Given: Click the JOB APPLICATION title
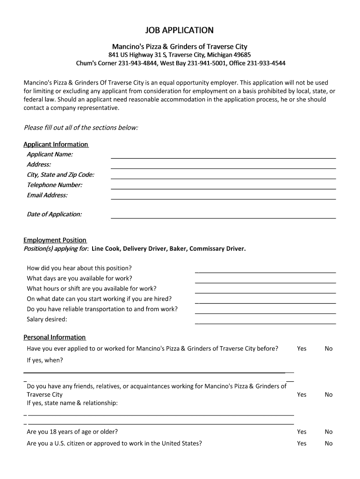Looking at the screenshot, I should (x=180, y=30).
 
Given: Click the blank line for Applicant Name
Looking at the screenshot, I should (x=223, y=156).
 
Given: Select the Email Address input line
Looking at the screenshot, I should (x=223, y=197).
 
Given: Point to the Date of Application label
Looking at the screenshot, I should (x=54, y=214).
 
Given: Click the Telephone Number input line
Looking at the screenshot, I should (x=223, y=187).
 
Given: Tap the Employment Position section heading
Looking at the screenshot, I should (x=55, y=240).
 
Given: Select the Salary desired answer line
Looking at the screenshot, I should (x=265, y=321).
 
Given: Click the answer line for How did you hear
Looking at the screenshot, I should (x=265, y=270).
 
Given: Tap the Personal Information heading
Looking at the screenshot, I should (x=55, y=337).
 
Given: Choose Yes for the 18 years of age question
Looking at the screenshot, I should (x=302, y=432).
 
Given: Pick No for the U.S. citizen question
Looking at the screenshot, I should (x=329, y=443).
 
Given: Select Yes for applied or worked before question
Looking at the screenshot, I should (x=302, y=348).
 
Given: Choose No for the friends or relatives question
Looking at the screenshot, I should (x=329, y=395).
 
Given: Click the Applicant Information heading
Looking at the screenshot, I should (x=56, y=144).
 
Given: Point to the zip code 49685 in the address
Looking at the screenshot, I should (x=243, y=55).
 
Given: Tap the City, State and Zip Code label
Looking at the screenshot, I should (x=60, y=175).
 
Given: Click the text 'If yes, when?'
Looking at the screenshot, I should (x=45, y=360).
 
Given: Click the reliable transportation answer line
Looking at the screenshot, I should (x=265, y=311).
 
